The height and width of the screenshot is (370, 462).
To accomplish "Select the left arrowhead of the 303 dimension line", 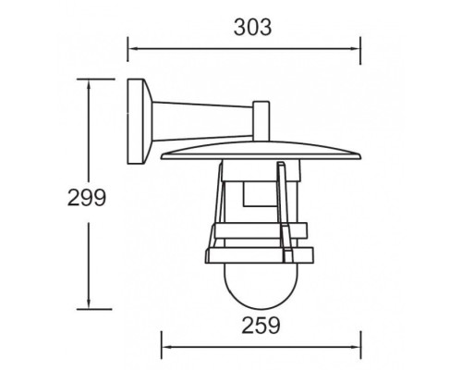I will click(x=131, y=47).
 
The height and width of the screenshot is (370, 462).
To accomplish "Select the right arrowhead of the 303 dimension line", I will click(x=357, y=47).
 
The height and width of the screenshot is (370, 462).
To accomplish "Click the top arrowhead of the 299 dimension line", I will click(x=88, y=82).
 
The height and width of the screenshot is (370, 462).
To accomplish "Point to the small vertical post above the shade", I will click(x=259, y=117).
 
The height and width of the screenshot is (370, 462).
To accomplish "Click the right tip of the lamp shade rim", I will click(x=355, y=152).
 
